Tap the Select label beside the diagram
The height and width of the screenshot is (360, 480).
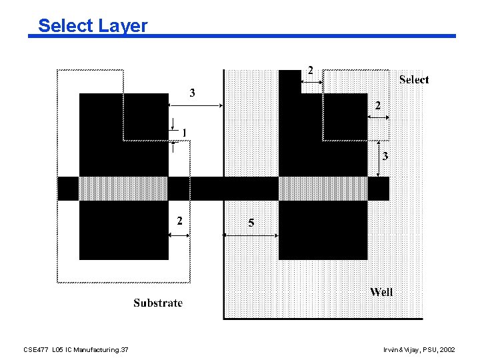point(414,80)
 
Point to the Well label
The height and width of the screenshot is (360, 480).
point(381,292)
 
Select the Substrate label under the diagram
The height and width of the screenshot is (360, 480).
point(158,303)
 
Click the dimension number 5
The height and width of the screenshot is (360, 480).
point(251,223)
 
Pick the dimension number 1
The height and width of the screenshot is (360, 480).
point(184,133)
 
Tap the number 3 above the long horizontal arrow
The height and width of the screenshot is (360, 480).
point(193,93)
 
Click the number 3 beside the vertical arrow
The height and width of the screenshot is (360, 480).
point(385,157)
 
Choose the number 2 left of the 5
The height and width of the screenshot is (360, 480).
point(179,221)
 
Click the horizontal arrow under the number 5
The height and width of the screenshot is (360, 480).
point(251,235)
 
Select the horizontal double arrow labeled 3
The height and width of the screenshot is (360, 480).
point(195,105)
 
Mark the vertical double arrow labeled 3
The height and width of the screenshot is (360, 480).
point(378,159)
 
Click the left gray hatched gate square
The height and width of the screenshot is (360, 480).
point(123,188)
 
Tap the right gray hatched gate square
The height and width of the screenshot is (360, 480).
point(323,188)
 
